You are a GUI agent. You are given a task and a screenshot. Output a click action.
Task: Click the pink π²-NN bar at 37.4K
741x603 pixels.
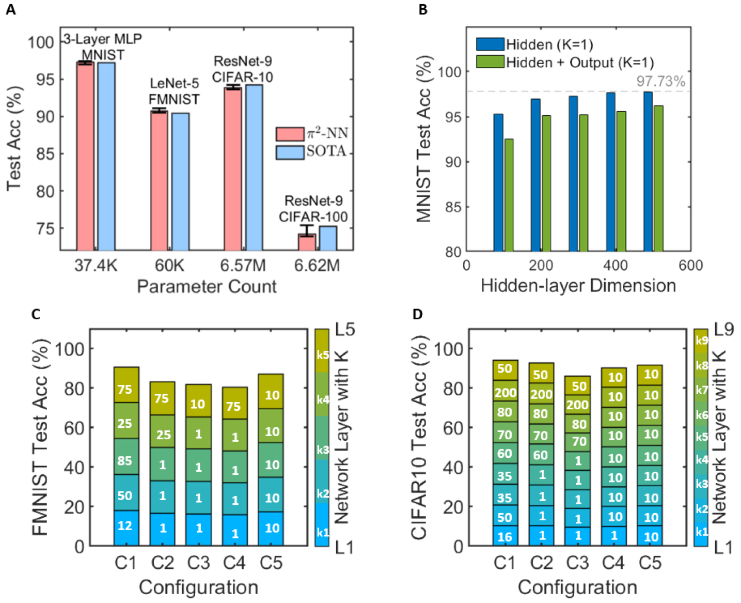pos(85,155)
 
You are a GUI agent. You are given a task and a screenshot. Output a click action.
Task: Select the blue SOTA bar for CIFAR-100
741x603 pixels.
pos(328,238)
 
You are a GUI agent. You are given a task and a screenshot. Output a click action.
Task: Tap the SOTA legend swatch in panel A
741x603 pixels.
pos(290,151)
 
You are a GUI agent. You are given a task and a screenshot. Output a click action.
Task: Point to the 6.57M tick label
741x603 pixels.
pos(243,266)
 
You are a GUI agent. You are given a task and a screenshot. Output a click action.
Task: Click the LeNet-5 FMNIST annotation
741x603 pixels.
pos(174,91)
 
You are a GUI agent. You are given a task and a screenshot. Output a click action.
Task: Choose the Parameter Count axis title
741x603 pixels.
pos(207,286)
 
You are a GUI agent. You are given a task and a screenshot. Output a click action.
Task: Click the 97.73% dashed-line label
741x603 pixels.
pos(660,81)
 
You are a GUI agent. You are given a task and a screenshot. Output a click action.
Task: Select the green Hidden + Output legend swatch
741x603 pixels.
pos(490,62)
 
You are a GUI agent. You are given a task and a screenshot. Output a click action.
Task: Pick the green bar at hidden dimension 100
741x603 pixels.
pos(509,195)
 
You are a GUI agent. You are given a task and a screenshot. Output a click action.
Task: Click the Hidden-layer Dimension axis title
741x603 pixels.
pos(578,285)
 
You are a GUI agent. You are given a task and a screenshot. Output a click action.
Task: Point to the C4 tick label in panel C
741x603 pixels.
pos(234,563)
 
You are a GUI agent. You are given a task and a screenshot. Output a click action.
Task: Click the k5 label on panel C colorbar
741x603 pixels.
pos(322,355)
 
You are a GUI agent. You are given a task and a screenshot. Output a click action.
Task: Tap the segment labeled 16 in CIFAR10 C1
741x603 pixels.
pos(504,536)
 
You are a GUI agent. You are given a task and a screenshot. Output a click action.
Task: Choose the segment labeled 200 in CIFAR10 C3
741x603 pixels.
pos(577,405)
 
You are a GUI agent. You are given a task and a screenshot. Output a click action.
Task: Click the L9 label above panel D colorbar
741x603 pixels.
pos(723,329)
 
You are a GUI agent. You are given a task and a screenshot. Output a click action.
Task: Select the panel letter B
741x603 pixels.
pos(423,9)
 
